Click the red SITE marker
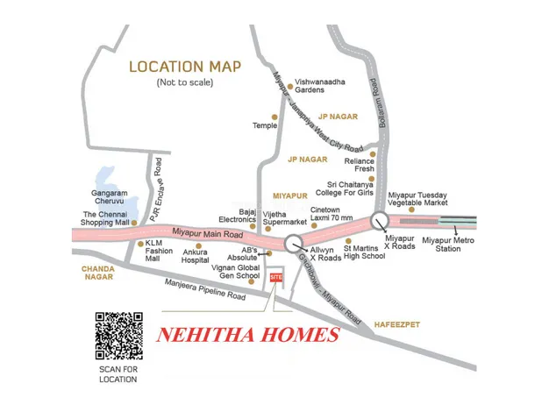276,277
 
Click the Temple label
264,125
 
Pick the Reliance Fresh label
360,166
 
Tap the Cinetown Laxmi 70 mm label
332,214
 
